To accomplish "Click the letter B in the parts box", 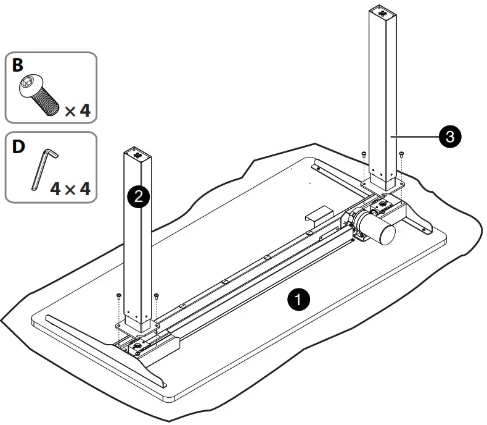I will (x=17, y=65).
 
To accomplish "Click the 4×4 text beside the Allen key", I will (x=70, y=188).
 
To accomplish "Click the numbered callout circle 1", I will (x=298, y=300).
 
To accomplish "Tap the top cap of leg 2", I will (x=137, y=153).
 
